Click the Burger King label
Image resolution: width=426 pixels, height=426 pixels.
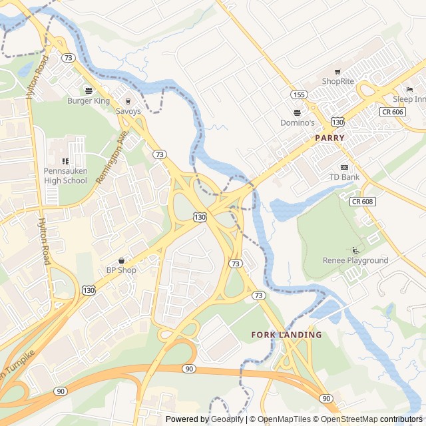click(x=88, y=101)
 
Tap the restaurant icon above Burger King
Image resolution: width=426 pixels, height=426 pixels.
click(x=89, y=91)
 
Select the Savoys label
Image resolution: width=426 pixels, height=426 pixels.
click(x=128, y=111)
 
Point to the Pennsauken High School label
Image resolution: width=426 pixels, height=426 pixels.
click(x=65, y=176)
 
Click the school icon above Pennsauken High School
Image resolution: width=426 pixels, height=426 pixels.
click(x=65, y=161)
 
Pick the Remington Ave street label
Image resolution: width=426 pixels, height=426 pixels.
click(x=111, y=157)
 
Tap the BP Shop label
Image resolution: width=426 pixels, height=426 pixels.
click(x=121, y=270)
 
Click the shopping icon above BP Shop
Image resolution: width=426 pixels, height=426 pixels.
click(x=121, y=260)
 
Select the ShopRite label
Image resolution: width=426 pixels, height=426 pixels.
click(x=337, y=81)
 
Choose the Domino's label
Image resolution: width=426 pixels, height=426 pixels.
click(x=297, y=122)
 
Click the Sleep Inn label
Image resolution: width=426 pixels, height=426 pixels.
click(x=409, y=99)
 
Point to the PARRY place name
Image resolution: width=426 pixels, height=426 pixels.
click(x=329, y=138)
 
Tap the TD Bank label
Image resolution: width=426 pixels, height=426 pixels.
click(x=344, y=177)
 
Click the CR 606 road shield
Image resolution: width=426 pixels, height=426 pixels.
click(x=393, y=112)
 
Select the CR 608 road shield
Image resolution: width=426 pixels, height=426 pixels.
click(x=362, y=201)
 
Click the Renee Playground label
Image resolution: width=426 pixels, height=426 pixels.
click(x=355, y=260)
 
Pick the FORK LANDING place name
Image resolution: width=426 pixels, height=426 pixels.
click(x=286, y=335)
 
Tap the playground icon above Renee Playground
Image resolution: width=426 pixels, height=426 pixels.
click(x=355, y=250)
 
